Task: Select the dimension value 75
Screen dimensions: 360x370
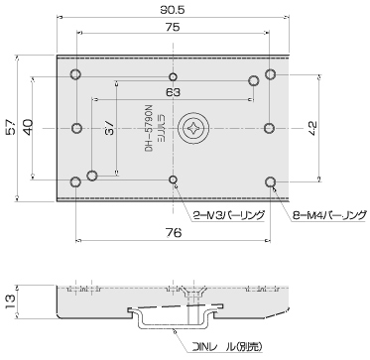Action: [x=174, y=30]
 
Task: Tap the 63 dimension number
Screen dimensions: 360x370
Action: [x=174, y=91]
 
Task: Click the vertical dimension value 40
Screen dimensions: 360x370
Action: [x=28, y=127]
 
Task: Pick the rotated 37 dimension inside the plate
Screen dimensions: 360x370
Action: [x=109, y=128]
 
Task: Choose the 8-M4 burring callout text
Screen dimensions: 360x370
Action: [x=322, y=214]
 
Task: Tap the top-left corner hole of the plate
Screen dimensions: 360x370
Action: [x=76, y=75]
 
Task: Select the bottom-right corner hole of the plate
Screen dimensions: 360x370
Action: [x=271, y=180]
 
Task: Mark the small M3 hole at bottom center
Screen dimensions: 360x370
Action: [x=174, y=180]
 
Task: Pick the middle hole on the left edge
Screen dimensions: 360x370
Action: [x=76, y=128]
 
